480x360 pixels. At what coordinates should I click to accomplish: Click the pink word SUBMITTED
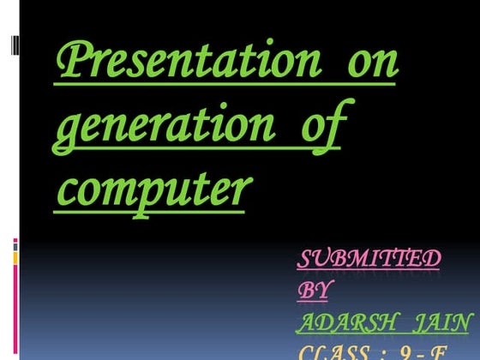(x=369, y=258)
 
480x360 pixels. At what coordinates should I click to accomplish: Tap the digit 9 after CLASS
(x=406, y=352)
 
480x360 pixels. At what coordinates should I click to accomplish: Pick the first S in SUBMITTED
(x=305, y=258)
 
